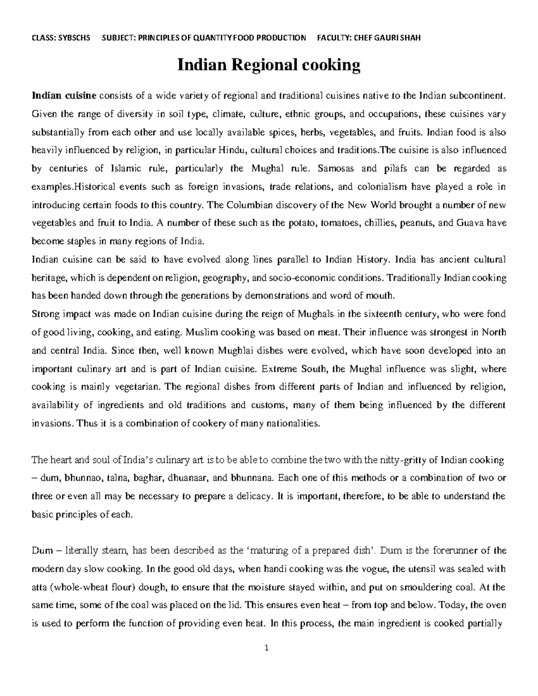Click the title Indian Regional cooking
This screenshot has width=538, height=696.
269,65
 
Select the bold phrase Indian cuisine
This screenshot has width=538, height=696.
64,95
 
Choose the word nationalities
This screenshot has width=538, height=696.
293,423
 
